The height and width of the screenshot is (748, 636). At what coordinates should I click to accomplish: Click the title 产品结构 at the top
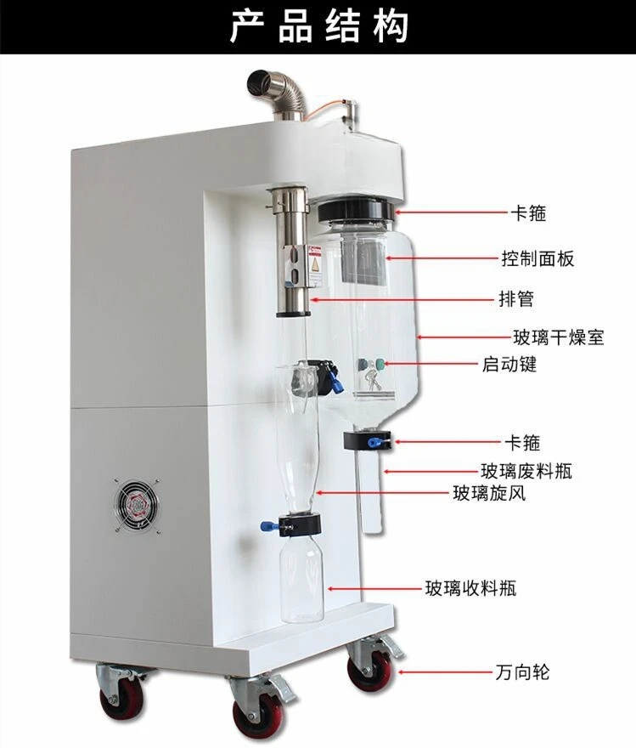pyautogui.click(x=319, y=26)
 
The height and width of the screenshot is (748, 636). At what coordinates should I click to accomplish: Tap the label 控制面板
pyautogui.click(x=538, y=258)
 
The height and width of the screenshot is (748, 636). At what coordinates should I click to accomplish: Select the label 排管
pyautogui.click(x=516, y=299)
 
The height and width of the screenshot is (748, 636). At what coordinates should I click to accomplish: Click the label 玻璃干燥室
pyautogui.click(x=559, y=337)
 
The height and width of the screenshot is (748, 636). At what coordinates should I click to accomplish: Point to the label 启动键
pyautogui.click(x=509, y=364)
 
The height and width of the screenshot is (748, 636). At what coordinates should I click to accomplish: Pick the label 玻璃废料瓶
pyautogui.click(x=526, y=471)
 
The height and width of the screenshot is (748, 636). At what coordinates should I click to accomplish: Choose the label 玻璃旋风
pyautogui.click(x=489, y=493)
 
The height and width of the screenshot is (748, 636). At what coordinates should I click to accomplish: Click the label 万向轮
pyautogui.click(x=522, y=672)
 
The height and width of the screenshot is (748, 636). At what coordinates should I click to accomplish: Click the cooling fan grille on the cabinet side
pyautogui.click(x=137, y=505)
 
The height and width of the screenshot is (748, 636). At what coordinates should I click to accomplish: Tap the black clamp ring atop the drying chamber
pyautogui.click(x=356, y=210)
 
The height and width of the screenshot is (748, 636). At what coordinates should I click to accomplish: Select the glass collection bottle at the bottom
pyautogui.click(x=301, y=579)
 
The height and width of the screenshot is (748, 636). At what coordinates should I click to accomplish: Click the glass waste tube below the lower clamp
pyautogui.click(x=369, y=491)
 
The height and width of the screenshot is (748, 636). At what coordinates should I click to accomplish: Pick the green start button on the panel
pyautogui.click(x=380, y=365)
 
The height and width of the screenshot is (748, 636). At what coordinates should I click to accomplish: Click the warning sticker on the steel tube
pyautogui.click(x=315, y=266)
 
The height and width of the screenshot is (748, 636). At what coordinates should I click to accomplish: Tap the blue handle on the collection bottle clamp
pyautogui.click(x=270, y=526)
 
